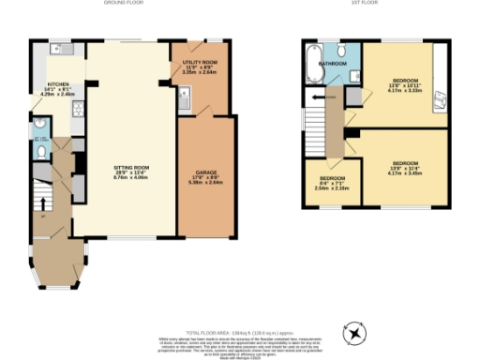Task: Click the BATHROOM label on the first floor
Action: (x=333, y=64)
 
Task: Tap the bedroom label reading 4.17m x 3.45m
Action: (x=405, y=167)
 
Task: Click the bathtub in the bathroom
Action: (x=311, y=65)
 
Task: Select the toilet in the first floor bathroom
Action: (x=343, y=51)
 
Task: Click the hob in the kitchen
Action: (x=79, y=109)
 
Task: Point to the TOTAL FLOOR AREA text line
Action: (x=240, y=334)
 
